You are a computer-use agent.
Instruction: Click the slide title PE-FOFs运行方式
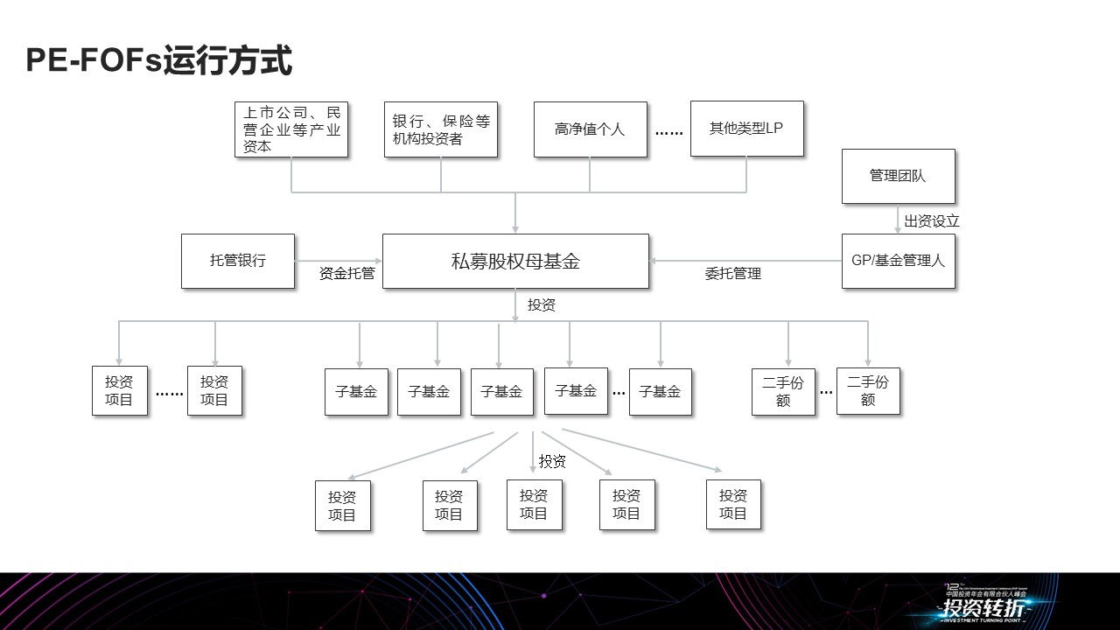pos(158,61)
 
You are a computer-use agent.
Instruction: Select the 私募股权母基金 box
pos(515,261)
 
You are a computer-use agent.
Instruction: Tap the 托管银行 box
pos(238,261)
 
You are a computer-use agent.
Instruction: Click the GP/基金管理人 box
pos(898,261)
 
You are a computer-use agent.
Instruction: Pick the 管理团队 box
pos(898,176)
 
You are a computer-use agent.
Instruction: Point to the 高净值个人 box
pos(590,129)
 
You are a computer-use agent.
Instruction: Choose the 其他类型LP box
pos(746,129)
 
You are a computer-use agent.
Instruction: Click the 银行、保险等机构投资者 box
pos(440,129)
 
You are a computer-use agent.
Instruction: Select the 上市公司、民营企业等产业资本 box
pos(291,129)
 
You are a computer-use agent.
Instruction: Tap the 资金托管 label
pos(347,273)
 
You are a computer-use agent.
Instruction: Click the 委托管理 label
pos(733,274)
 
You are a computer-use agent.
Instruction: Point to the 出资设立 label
pos(932,221)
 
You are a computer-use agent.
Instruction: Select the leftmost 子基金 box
pos(356,392)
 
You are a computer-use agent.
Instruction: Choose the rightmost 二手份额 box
pos(868,391)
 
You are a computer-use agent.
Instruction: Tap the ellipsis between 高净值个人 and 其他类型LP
pos(668,132)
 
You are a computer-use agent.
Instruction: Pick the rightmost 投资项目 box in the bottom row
pos(733,504)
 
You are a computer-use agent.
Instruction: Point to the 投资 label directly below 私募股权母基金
pos(542,305)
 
